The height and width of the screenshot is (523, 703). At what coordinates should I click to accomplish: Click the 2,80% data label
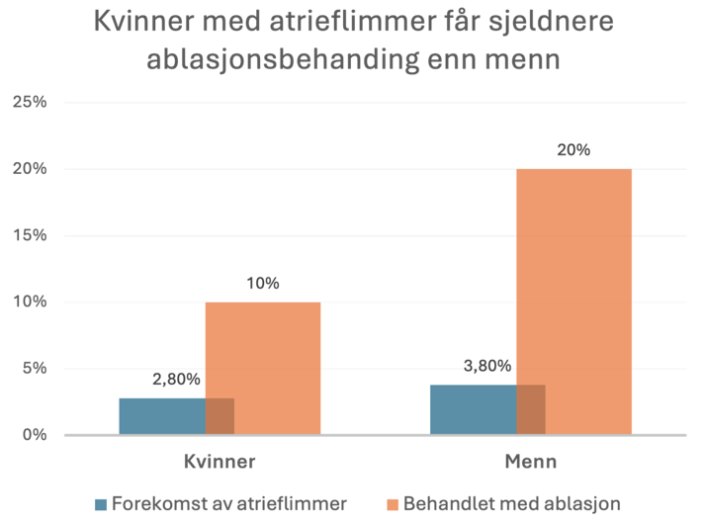click(177, 379)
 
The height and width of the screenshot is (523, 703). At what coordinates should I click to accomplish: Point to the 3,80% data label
click(487, 365)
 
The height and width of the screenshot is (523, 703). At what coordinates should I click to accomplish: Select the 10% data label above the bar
click(263, 283)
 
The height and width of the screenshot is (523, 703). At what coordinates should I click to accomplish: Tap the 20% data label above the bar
click(573, 150)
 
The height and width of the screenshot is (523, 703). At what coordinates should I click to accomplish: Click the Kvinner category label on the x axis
click(220, 462)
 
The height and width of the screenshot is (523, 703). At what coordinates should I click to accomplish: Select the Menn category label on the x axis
click(531, 462)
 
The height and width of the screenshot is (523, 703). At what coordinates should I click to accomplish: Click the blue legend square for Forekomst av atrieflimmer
click(101, 504)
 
